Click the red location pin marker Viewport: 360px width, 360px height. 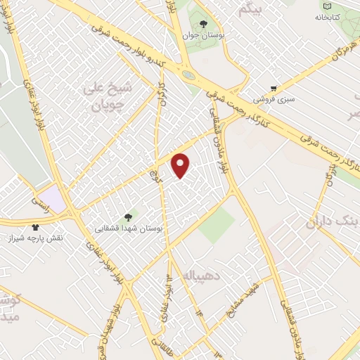(x=181, y=165)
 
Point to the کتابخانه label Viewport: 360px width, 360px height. (x=327, y=15)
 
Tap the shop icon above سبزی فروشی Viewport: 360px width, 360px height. (x=273, y=89)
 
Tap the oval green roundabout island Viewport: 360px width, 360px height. (x=188, y=75)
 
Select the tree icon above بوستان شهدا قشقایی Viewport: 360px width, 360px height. (x=127, y=217)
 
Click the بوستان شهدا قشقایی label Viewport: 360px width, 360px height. (x=129, y=229)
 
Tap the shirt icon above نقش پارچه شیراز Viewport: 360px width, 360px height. (x=35, y=227)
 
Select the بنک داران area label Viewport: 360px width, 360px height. (x=330, y=223)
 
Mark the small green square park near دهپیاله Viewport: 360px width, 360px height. (x=216, y=224)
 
